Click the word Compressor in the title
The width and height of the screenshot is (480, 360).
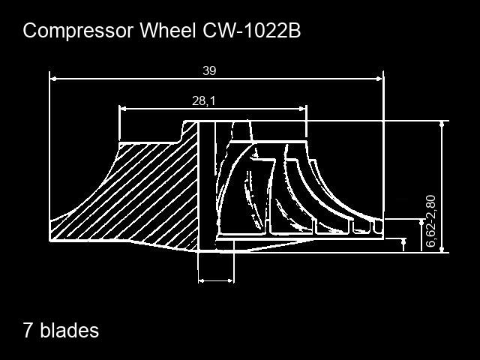[x=78, y=31]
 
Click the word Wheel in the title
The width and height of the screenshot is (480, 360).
[x=168, y=30]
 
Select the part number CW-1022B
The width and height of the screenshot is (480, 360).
[x=252, y=30]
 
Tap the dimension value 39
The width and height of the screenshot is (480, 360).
[x=209, y=70]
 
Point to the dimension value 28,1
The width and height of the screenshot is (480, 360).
[x=203, y=100]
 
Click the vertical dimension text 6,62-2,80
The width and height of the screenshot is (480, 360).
[x=430, y=221]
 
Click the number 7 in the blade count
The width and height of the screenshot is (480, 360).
[x=28, y=330]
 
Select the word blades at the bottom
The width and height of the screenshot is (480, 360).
[x=70, y=330]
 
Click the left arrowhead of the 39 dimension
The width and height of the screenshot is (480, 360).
[x=53, y=79]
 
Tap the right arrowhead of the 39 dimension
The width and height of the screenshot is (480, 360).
[x=379, y=79]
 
